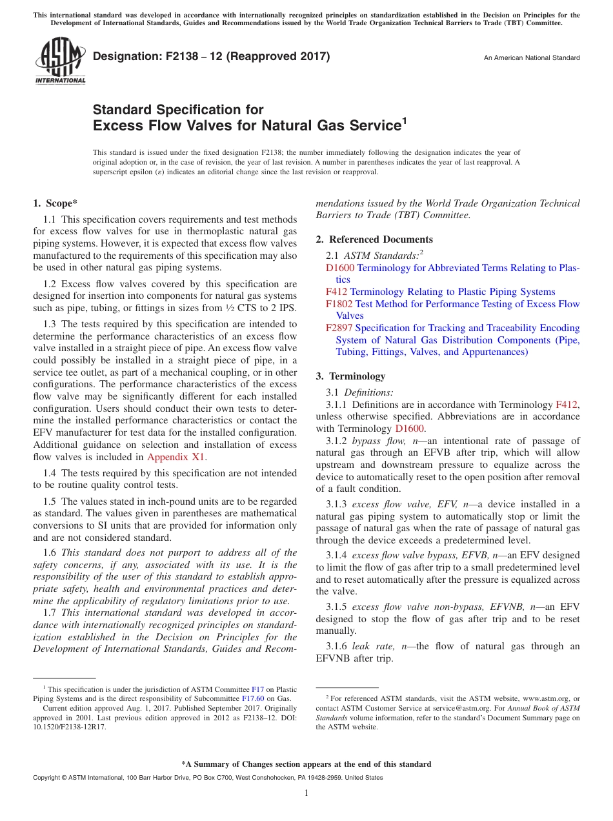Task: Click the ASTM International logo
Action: coord(59,62)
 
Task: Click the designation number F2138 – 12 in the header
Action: coord(211,57)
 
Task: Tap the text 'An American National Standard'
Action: coord(532,58)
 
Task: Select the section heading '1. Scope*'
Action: coord(55,204)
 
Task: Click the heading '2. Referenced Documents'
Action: coord(374,239)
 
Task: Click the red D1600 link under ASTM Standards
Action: coord(340,268)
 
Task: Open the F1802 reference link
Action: coord(339,304)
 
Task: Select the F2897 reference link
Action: coord(339,328)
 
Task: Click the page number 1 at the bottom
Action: coord(306,793)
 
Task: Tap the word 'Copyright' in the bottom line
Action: coord(47,778)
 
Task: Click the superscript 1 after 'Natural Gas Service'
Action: coord(405,120)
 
